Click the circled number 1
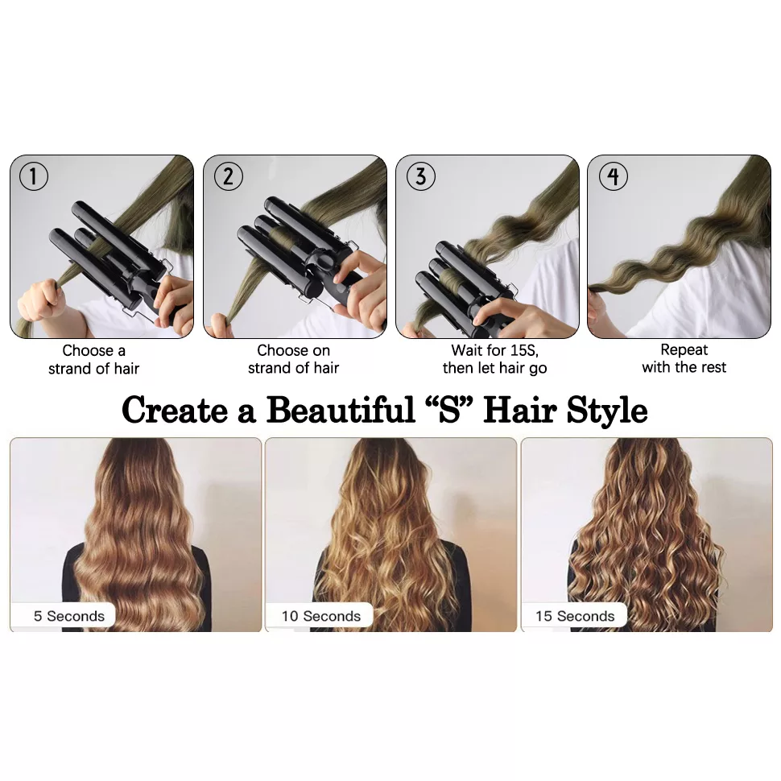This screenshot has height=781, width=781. (x=34, y=176)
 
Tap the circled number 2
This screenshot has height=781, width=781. (x=228, y=176)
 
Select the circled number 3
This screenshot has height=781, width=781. (x=421, y=176)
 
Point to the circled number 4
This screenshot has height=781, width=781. (x=614, y=176)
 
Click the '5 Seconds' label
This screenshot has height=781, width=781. (x=69, y=616)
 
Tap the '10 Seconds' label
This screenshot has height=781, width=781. (x=321, y=616)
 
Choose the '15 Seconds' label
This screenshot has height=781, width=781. (x=575, y=616)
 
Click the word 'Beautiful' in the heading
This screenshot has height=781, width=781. (x=341, y=410)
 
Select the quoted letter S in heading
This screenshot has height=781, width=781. (x=449, y=410)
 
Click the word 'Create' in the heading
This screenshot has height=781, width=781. (x=175, y=411)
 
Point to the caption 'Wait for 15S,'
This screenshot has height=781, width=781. (x=495, y=351)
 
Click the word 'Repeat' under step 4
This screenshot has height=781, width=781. (x=684, y=350)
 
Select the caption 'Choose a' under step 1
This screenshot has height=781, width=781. (x=93, y=351)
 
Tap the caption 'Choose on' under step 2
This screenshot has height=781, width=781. (x=293, y=351)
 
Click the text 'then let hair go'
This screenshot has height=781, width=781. (x=494, y=368)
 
